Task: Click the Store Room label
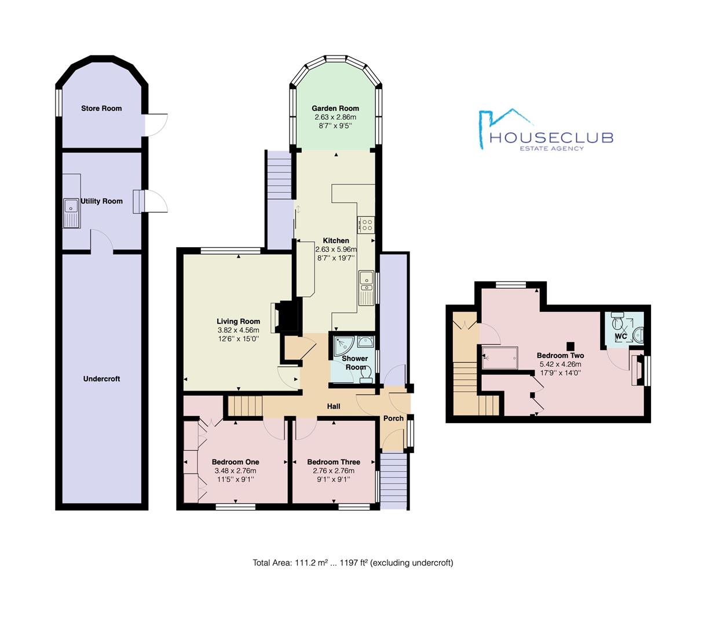(101, 108)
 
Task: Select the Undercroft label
(101, 379)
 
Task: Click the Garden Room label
(335, 108)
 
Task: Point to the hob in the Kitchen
(366, 224)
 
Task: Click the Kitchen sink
(367, 288)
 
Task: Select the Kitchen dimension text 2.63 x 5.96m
(336, 249)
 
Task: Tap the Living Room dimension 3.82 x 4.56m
(238, 330)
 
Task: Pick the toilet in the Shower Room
(365, 377)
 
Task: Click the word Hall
(334, 406)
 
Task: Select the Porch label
(394, 418)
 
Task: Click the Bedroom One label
(235, 462)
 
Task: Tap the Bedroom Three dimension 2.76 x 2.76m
(334, 470)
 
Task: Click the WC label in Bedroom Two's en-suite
(621, 336)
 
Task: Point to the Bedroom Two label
(560, 355)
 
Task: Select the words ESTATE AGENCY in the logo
(551, 148)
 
